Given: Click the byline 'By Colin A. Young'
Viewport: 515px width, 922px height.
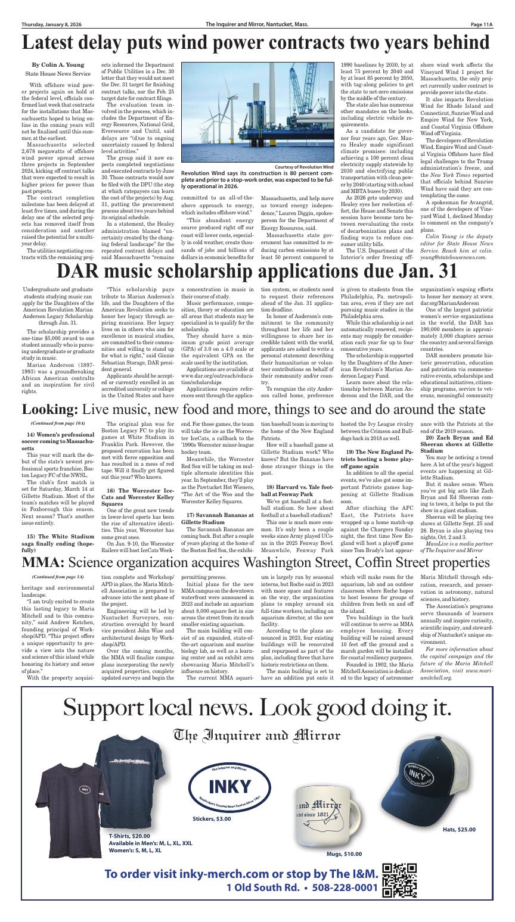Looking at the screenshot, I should [58, 64].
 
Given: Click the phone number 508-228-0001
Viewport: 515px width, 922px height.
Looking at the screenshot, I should [341, 887].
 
